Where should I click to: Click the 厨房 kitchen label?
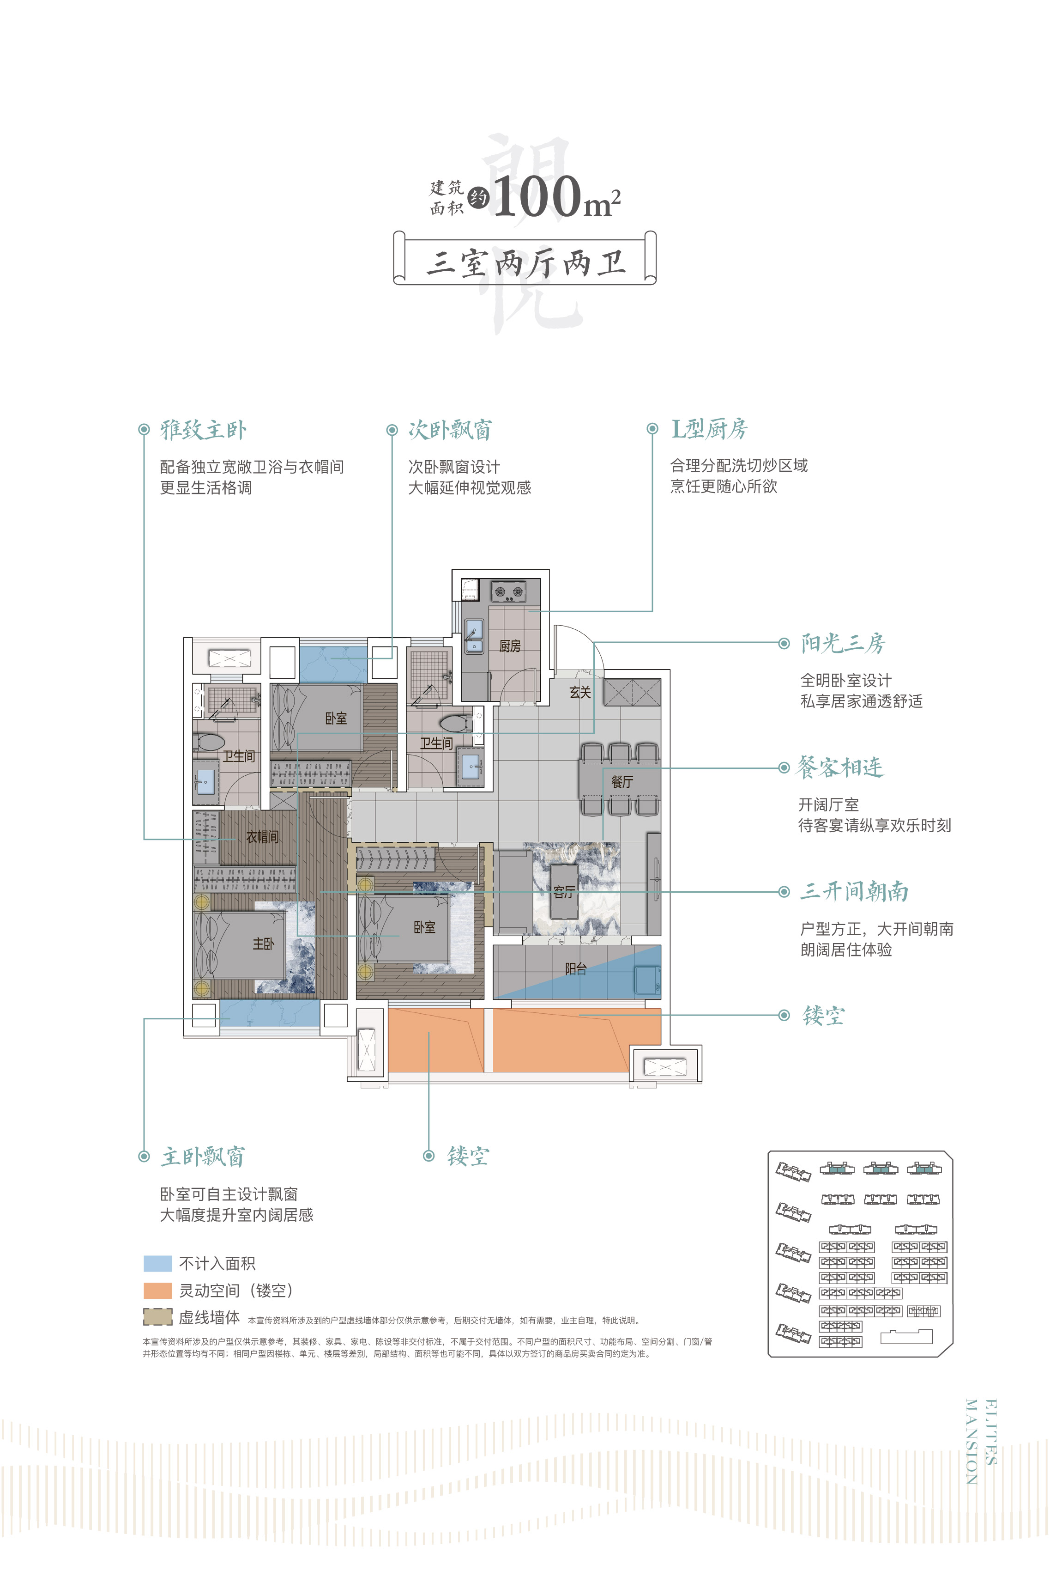click(x=510, y=646)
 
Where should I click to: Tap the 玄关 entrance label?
click(x=580, y=692)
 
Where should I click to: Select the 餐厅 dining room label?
click(x=622, y=781)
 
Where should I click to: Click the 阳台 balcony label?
click(x=576, y=968)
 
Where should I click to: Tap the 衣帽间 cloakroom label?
click(x=262, y=837)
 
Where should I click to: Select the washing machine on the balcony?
click(x=647, y=980)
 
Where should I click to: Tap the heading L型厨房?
click(x=709, y=429)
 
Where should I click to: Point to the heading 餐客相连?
click(x=840, y=767)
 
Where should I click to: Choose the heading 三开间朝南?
click(x=855, y=891)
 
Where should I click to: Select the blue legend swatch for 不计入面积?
click(x=157, y=1263)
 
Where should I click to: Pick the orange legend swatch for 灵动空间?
click(x=157, y=1290)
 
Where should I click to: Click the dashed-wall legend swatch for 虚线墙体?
click(x=157, y=1317)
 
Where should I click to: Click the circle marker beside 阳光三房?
click(x=784, y=643)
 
